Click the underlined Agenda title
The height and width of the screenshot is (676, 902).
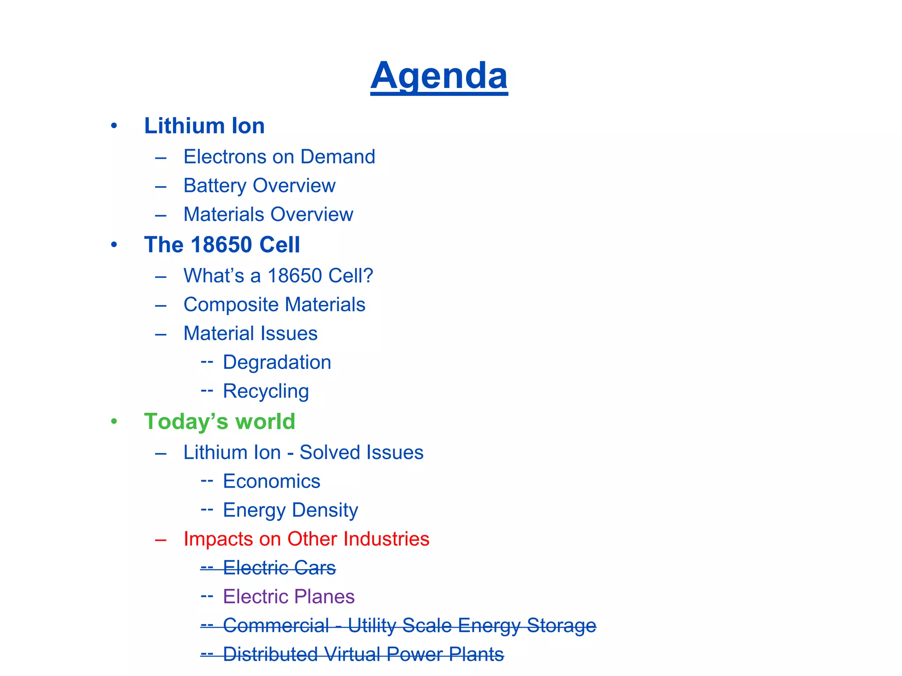439,76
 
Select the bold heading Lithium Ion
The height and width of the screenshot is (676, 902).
204,126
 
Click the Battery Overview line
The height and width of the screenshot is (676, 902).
259,186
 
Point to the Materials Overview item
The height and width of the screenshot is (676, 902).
268,215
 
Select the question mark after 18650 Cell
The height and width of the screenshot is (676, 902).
368,276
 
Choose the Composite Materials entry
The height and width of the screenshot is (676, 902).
274,305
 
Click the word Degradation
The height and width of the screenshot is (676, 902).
277,363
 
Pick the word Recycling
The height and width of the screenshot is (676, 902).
266,391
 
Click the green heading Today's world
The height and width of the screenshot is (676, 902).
219,422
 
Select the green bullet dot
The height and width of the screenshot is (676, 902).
114,422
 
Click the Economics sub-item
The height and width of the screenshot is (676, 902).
272,481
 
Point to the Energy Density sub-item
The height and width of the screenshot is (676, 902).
291,511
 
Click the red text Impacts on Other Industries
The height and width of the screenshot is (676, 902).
306,539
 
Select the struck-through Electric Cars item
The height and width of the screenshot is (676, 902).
279,568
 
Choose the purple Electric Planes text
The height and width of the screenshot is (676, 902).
288,597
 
